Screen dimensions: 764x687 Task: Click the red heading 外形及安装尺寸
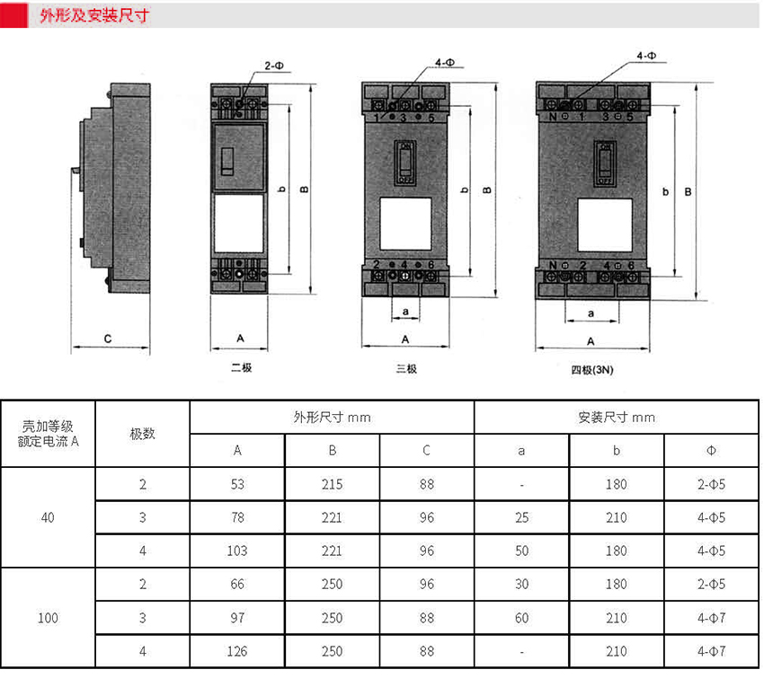(94, 15)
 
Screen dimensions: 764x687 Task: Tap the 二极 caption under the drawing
(241, 367)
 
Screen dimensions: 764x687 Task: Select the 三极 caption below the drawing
(406, 368)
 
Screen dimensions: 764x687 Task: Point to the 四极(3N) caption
(592, 370)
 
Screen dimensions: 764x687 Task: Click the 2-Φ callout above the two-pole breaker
(274, 66)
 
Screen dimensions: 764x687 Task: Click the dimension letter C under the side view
(108, 339)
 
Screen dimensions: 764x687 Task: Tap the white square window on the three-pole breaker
(405, 224)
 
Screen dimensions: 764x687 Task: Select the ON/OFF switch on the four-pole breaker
(605, 164)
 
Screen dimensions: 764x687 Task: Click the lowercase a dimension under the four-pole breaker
(591, 313)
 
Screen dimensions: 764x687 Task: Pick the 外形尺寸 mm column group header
(332, 418)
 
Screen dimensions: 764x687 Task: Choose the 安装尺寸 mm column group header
(617, 418)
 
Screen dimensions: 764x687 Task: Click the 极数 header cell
(142, 434)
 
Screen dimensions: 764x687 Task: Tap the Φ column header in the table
(711, 451)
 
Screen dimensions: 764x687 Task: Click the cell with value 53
(237, 484)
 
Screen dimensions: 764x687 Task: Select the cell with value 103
(237, 550)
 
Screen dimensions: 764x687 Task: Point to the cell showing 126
(237, 651)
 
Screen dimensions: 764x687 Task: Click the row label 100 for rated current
(48, 618)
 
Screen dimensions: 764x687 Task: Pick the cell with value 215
(332, 484)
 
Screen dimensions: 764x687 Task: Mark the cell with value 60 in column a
(522, 618)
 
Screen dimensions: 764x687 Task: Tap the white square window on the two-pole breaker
(239, 224)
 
